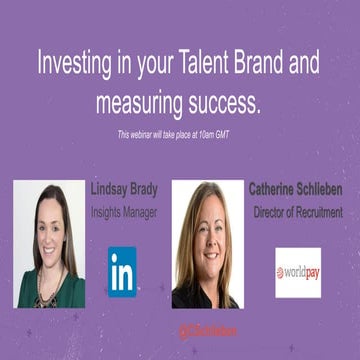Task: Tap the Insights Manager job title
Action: point(123,212)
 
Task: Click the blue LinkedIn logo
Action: point(122,271)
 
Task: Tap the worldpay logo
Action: point(297,272)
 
